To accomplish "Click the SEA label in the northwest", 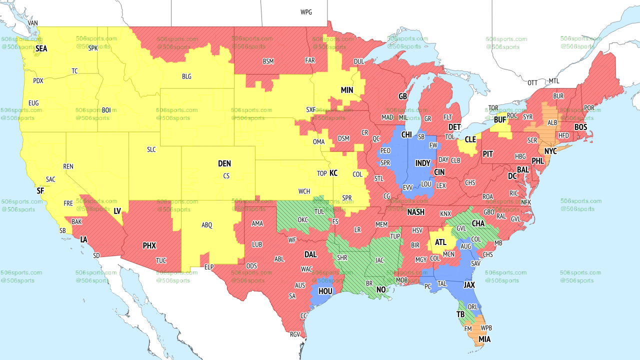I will (41, 48).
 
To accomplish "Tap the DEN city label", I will (224, 163).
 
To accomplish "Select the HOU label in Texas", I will (325, 290).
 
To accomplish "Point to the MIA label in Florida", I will (484, 339).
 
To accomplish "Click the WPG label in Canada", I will (306, 12).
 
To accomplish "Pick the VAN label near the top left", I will (33, 23).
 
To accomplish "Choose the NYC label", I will (550, 151).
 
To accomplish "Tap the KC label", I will (333, 173).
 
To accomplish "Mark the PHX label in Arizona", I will (149, 245).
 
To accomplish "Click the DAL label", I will (310, 254).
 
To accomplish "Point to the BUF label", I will (500, 120).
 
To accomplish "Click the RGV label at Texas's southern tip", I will (295, 334).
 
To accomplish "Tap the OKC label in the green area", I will (303, 219).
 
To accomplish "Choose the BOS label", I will (580, 127).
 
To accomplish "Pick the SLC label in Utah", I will (151, 149).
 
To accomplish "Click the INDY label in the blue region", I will (422, 163).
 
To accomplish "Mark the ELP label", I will (209, 267).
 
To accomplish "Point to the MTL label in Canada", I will (554, 81).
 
